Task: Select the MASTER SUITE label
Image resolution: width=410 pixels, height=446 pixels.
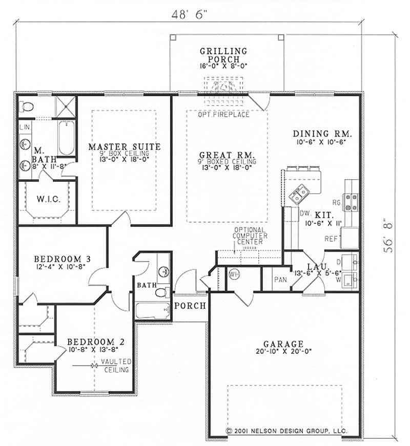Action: pos(124,147)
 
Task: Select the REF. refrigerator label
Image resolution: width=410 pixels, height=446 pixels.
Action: pos(331,239)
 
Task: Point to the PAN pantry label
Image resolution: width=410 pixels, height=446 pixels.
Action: pos(280,280)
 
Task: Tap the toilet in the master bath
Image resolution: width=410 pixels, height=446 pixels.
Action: pos(28,107)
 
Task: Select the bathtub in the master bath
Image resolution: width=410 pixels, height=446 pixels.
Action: pos(67,138)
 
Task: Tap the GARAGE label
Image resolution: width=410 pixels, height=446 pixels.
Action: pos(283,344)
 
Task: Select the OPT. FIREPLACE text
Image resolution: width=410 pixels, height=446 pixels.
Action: pos(223,114)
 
